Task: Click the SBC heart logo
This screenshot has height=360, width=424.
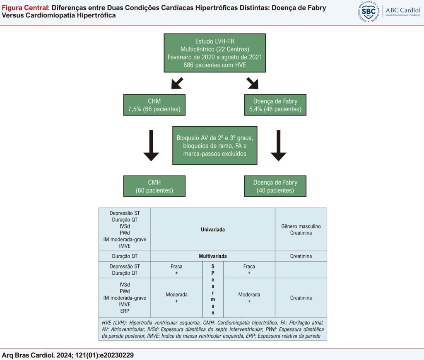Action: [368, 11]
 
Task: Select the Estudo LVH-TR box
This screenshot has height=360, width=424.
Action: [215, 53]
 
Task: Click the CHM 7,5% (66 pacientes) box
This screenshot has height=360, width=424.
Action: [154, 105]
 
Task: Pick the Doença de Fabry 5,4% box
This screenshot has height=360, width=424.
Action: [275, 105]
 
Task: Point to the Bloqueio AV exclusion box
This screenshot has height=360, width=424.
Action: [215, 145]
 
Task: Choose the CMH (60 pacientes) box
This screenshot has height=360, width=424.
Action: [154, 186]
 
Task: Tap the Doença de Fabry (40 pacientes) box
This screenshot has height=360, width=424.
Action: [275, 186]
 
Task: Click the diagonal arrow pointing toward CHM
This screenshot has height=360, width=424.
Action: [177, 83]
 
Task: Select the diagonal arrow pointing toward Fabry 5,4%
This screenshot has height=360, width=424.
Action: [252, 83]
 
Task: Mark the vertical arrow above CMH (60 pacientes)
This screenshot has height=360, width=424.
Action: [151, 145]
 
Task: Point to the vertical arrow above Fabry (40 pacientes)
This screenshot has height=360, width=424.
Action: [279, 145]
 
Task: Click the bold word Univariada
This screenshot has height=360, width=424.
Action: [213, 230]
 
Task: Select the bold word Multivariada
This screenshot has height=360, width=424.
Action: [213, 256]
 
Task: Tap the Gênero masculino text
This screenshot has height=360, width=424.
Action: [301, 226]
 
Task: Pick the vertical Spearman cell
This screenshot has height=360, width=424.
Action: [213, 289]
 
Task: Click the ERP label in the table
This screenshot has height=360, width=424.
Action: [125, 311]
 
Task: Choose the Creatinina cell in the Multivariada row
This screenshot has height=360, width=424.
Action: [301, 256]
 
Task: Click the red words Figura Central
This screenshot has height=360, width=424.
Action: [26, 7]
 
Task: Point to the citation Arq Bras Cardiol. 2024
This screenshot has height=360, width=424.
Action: [67, 355]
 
